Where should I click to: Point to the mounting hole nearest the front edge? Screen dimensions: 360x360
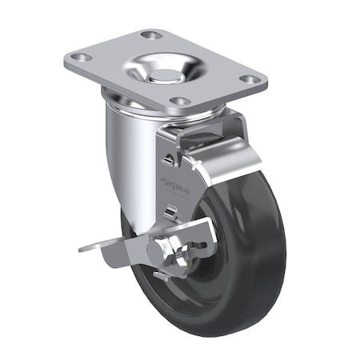point(181,102)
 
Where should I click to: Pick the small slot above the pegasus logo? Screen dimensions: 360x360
point(166,159)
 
